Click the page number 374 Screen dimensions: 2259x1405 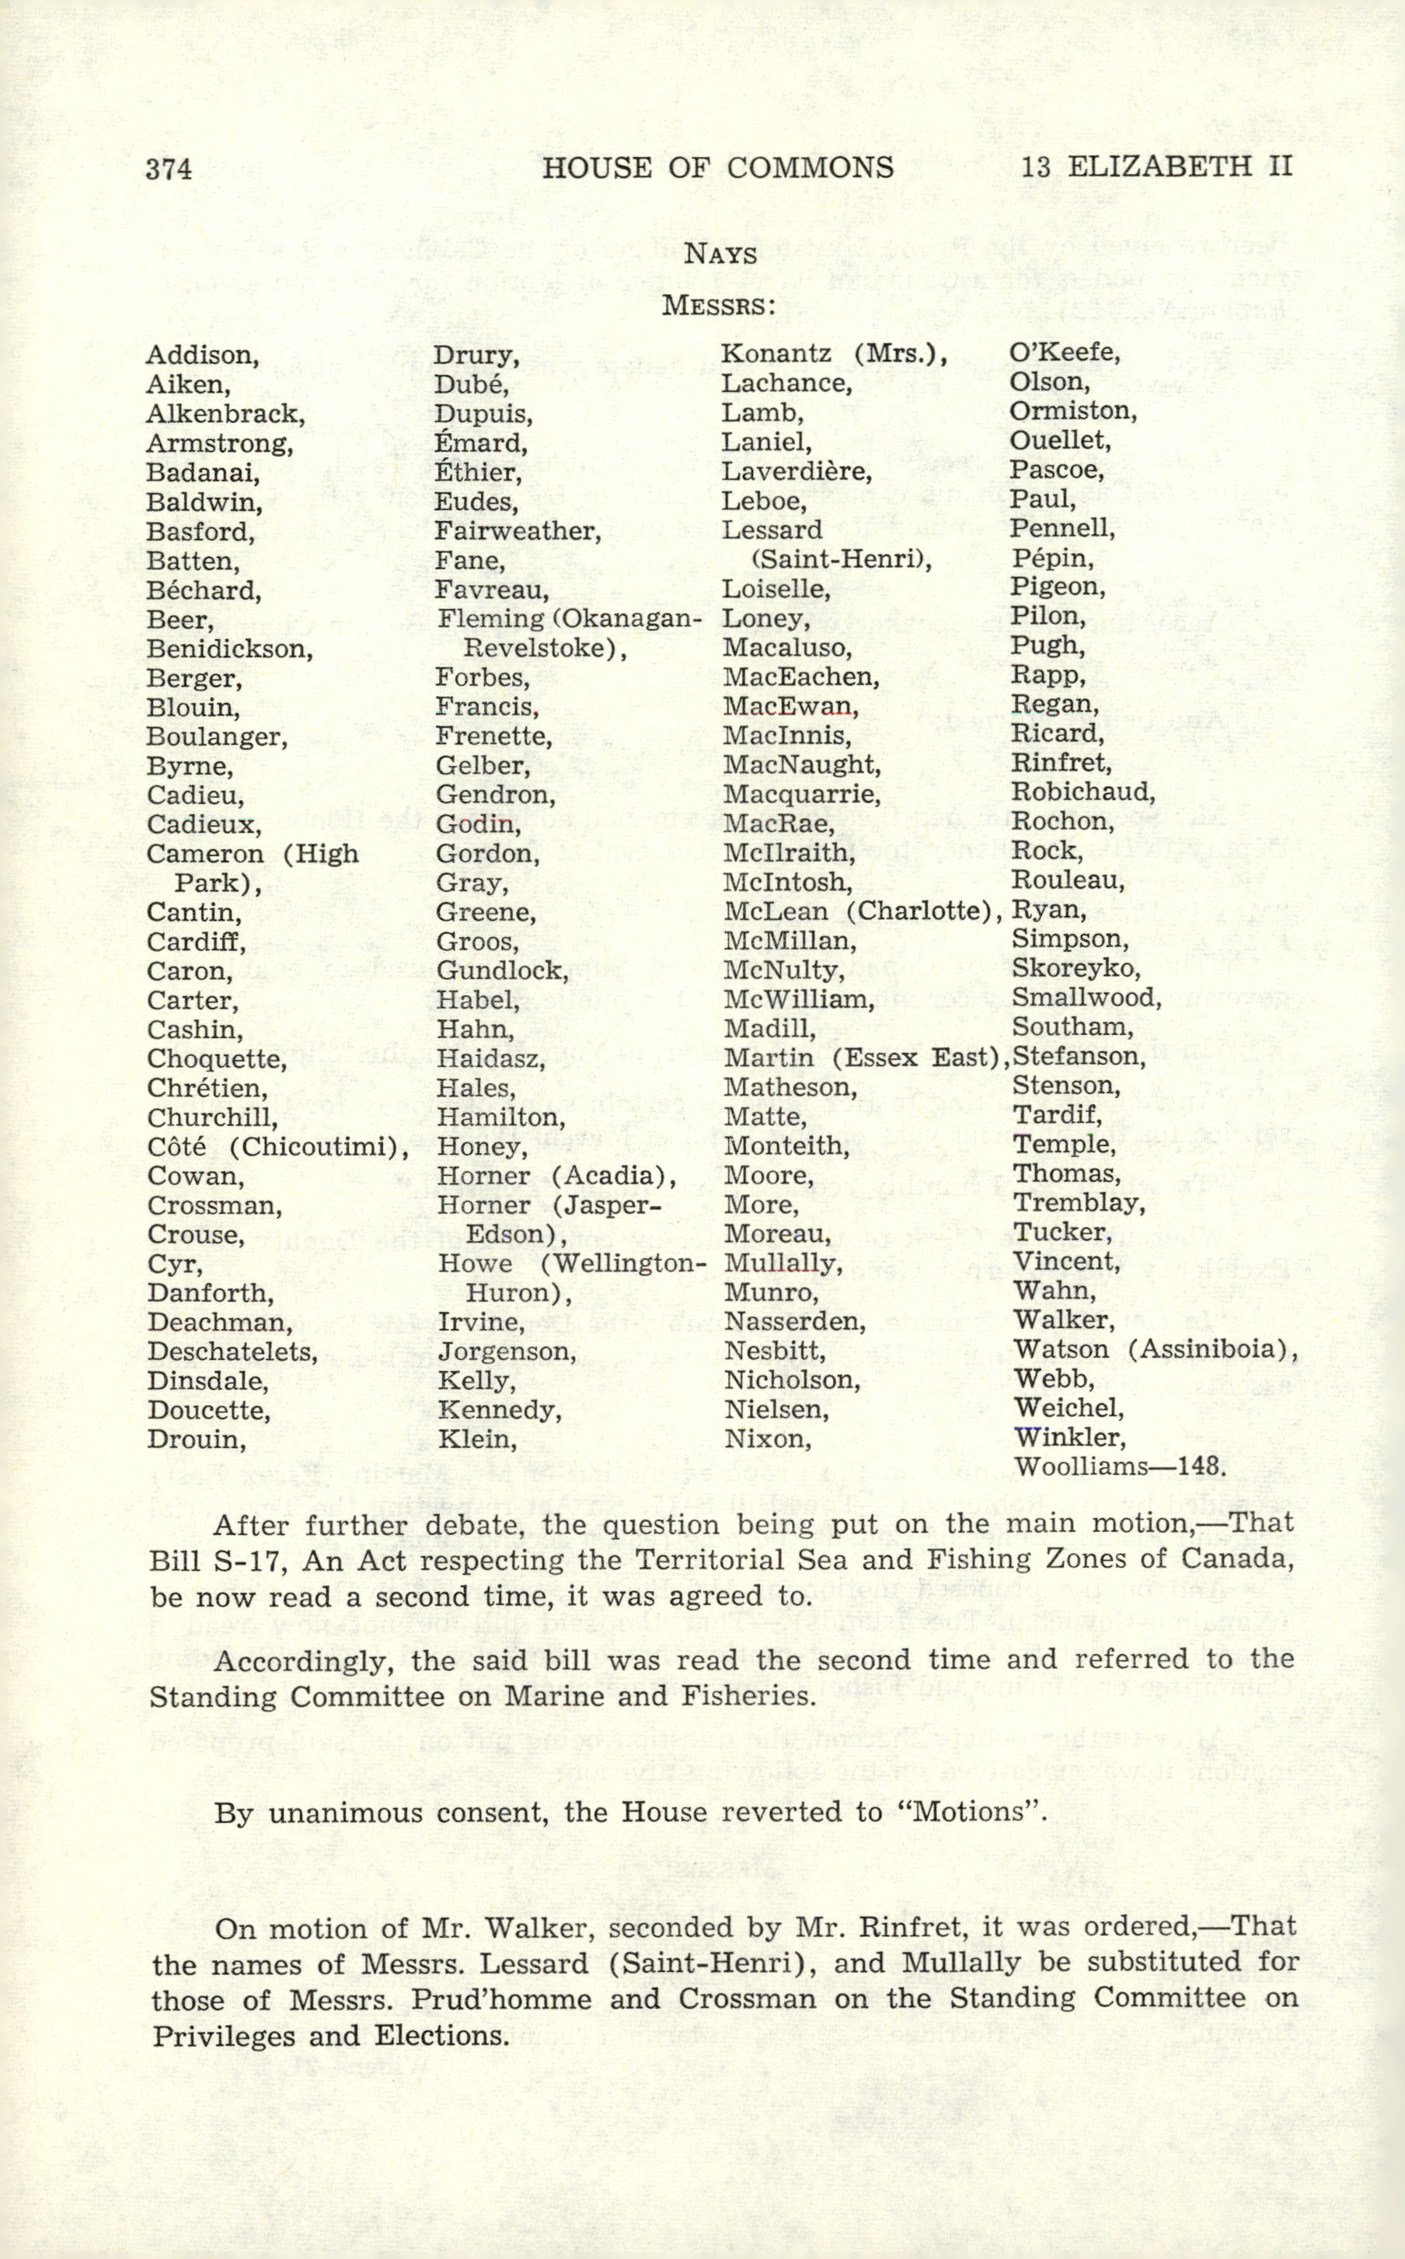click(169, 168)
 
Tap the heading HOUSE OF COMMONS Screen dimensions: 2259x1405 click(717, 167)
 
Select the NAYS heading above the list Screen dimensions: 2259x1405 click(720, 253)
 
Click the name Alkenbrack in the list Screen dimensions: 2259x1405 click(225, 414)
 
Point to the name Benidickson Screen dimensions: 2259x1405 click(229, 649)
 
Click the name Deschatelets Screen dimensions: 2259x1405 click(232, 1352)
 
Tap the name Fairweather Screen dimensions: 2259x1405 click(518, 532)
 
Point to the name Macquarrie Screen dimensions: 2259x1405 click(801, 796)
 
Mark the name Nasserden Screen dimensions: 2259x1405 click(794, 1322)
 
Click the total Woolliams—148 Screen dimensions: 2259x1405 click(1120, 1468)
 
